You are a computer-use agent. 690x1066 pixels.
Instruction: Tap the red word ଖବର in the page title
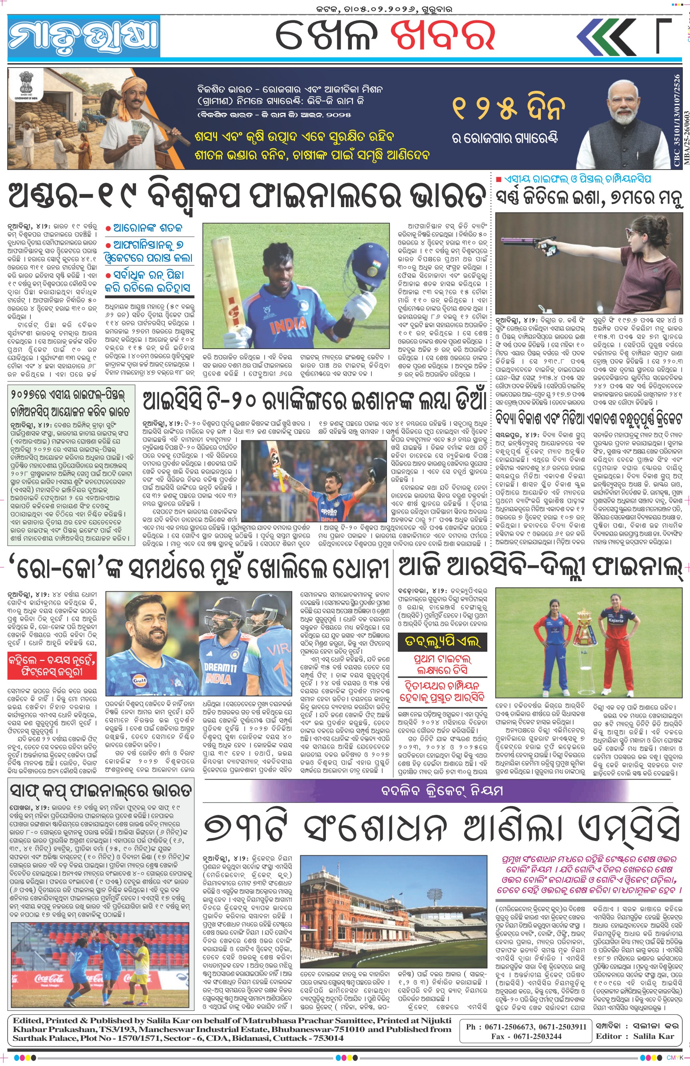coord(443,36)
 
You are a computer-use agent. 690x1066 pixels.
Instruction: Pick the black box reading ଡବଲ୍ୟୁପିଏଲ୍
coord(442,642)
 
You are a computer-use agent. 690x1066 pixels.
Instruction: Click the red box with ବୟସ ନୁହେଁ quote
coord(52,666)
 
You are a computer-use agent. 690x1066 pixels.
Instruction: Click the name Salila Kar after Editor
coord(654,1036)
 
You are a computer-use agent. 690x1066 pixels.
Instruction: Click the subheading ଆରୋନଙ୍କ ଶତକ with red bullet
coord(148,228)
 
